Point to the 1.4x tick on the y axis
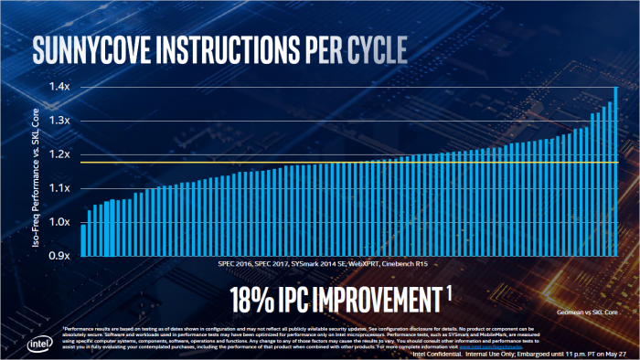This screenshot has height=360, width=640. (59, 88)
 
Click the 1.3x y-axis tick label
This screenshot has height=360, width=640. (59, 122)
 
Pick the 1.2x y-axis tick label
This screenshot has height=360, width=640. (59, 155)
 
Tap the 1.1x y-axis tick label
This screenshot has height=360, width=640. (59, 189)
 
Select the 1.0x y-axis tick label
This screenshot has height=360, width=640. (59, 223)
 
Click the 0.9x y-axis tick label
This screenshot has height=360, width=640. (59, 257)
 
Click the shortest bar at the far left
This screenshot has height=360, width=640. (83, 240)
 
